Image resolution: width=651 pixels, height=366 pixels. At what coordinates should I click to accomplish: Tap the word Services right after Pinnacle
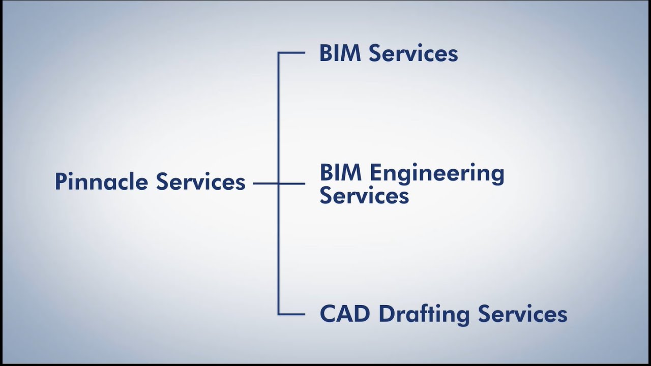[x=200, y=182]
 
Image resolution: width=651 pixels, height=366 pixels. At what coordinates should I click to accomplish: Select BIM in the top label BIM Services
[x=340, y=53]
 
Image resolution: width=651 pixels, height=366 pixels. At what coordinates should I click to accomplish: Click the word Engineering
[x=437, y=174]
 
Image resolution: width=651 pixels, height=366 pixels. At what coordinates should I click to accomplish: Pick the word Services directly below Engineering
[x=364, y=196]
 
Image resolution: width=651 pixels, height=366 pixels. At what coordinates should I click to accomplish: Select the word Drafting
[x=424, y=314]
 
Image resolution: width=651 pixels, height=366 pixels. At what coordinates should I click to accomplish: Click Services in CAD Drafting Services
[x=522, y=314]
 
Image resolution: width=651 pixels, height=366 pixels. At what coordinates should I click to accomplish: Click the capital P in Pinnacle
[x=61, y=182]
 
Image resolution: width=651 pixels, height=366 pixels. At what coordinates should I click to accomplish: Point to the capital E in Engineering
[x=375, y=173]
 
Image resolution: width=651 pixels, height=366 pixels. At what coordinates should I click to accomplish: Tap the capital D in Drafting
[x=387, y=314]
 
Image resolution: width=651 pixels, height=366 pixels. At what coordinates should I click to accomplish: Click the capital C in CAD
[x=328, y=314]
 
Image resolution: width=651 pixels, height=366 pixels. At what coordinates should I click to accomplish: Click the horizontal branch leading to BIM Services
[x=292, y=53]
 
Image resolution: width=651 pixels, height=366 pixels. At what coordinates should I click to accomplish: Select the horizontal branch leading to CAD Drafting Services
[x=292, y=314]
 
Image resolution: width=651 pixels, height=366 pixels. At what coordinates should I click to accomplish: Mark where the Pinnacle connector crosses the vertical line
[x=279, y=184]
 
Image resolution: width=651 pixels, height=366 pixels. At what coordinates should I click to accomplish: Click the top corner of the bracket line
[x=279, y=53]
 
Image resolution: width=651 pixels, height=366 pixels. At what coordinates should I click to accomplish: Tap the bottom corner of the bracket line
[x=279, y=314]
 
